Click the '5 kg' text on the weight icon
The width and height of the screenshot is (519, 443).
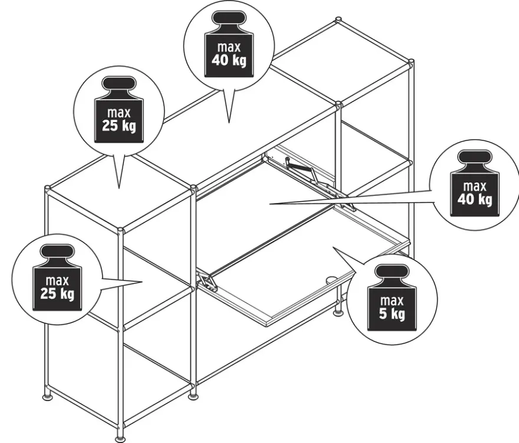click(x=392, y=313)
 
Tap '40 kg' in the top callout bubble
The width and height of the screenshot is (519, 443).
click(x=229, y=60)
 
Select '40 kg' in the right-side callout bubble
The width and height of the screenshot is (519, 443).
click(x=475, y=199)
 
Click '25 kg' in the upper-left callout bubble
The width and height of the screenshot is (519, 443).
click(x=119, y=126)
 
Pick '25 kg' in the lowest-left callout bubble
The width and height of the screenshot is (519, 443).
click(x=57, y=293)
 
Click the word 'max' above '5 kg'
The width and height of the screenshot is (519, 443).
click(x=392, y=301)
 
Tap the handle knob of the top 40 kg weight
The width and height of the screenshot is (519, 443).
click(x=229, y=18)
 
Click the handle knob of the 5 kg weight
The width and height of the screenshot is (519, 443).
click(x=392, y=271)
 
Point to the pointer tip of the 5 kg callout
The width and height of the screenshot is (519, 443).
click(x=333, y=247)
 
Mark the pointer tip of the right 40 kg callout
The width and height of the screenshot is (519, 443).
click(x=270, y=204)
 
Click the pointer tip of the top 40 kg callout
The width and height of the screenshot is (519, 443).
click(x=229, y=123)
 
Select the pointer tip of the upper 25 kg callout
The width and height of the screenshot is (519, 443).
click(x=119, y=188)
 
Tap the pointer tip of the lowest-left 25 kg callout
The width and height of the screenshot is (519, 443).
click(x=142, y=282)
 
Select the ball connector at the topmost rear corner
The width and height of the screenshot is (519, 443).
click(x=339, y=20)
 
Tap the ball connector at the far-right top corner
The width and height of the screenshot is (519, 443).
click(x=411, y=63)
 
